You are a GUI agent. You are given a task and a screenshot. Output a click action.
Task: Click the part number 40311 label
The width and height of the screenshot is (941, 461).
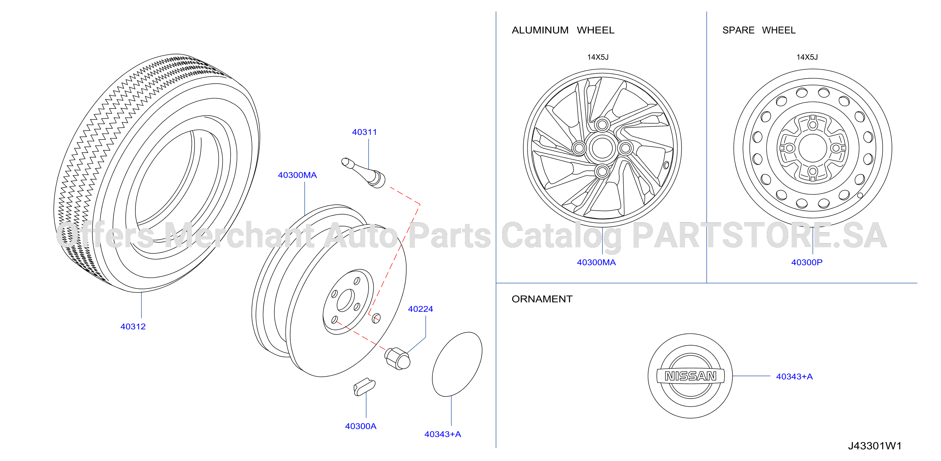[364, 132]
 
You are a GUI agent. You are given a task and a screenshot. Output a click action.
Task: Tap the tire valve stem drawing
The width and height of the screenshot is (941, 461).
[363, 172]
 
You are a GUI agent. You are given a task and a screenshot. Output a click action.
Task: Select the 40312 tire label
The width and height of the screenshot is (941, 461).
[133, 326]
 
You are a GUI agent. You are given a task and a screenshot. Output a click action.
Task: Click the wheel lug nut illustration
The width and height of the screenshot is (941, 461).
[398, 358]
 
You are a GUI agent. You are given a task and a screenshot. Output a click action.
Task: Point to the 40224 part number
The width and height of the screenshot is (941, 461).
[420, 309]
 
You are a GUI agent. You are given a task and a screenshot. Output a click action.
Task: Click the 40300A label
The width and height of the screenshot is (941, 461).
[361, 426]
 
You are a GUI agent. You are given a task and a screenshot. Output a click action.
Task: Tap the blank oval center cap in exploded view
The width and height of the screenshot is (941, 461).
[457, 364]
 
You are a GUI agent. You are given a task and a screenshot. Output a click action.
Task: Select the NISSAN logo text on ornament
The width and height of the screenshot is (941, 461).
[690, 376]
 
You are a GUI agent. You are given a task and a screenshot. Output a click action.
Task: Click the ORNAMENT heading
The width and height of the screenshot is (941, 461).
[542, 299]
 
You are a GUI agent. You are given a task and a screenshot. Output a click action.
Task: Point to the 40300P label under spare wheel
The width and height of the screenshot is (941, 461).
[807, 262]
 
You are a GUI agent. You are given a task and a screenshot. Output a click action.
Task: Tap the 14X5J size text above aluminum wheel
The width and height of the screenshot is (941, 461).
[598, 57]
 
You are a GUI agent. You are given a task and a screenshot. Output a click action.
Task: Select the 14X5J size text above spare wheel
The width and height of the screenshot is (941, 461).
[807, 57]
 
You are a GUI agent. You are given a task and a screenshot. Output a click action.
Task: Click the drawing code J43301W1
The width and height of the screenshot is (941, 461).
[875, 446]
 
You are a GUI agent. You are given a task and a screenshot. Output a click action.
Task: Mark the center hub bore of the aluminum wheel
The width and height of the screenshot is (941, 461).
[602, 148]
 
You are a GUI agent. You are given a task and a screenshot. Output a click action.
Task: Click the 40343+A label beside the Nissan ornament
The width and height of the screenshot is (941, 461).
[794, 376]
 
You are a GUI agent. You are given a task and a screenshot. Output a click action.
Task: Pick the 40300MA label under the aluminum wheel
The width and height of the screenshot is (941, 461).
[596, 262]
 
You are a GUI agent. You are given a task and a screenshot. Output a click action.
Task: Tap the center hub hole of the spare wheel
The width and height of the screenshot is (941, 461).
[812, 148]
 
